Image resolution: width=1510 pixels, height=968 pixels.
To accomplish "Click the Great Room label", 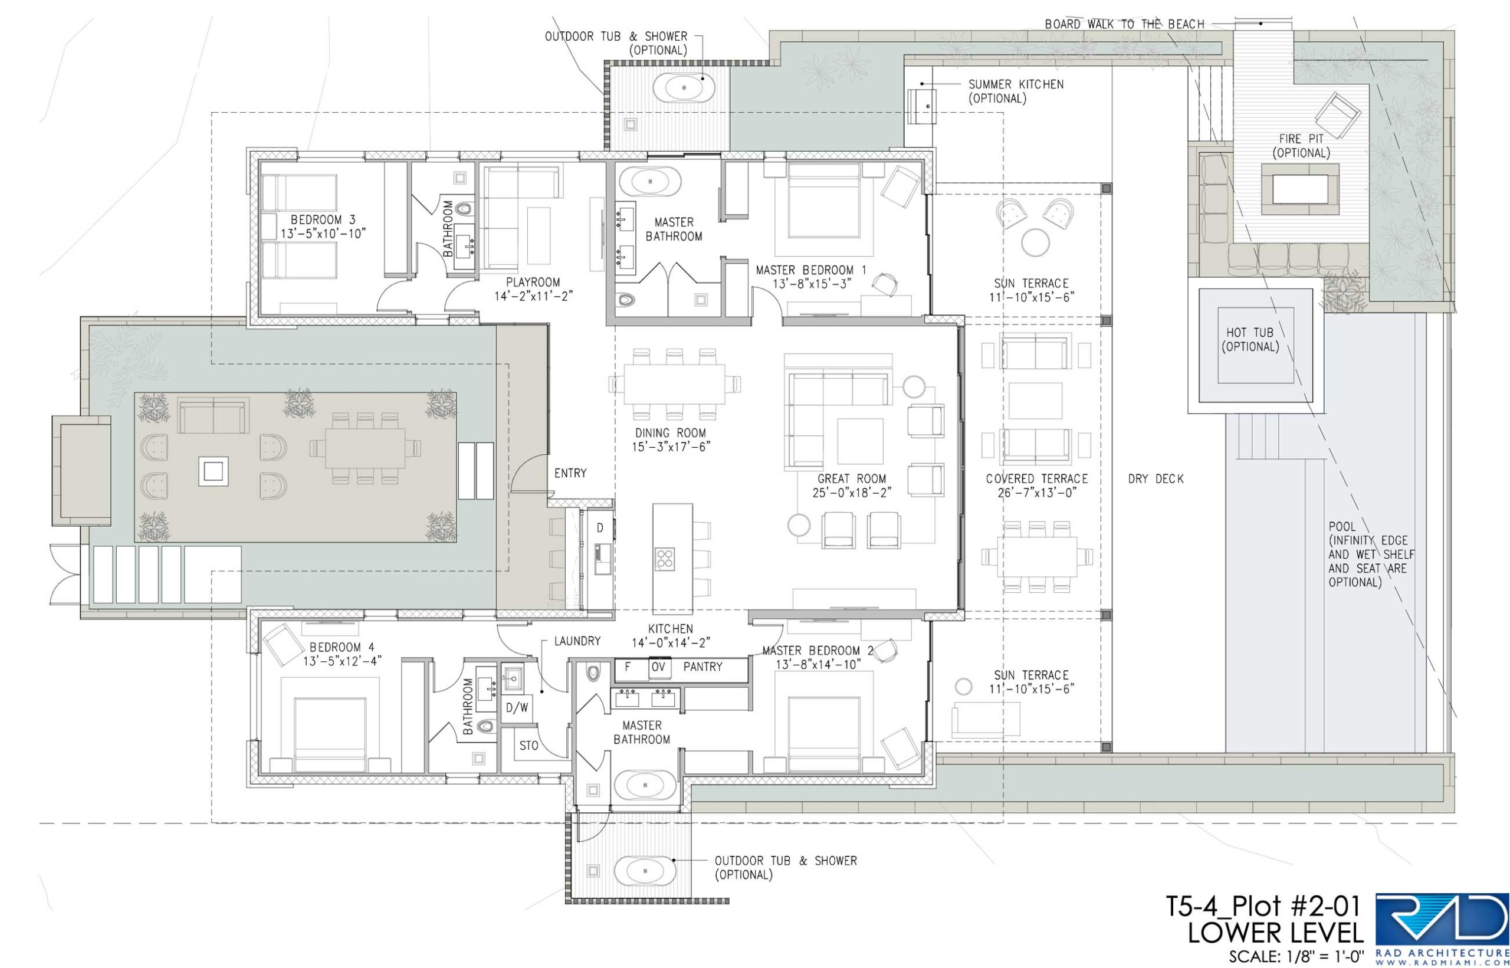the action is pyautogui.click(x=852, y=478).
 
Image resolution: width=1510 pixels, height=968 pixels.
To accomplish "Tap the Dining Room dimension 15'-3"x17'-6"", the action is pyautogui.click(x=670, y=447).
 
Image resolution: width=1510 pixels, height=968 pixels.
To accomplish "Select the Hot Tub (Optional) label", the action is pyautogui.click(x=1250, y=339).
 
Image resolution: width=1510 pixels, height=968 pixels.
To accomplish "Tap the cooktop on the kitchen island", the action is pyautogui.click(x=664, y=559).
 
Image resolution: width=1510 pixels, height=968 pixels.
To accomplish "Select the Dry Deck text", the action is pyautogui.click(x=1156, y=479).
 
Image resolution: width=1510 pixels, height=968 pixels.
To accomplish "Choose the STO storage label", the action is pyautogui.click(x=529, y=746).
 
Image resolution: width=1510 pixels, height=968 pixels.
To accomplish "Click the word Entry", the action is pyautogui.click(x=570, y=473).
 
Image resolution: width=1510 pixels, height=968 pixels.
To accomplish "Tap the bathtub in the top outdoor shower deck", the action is pyautogui.click(x=684, y=88).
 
